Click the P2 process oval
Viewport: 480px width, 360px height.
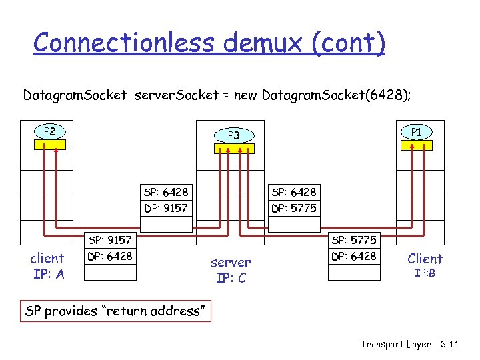pyautogui.click(x=50, y=131)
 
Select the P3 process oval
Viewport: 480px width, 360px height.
pyautogui.click(x=233, y=135)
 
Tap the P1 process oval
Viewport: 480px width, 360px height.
pyautogui.click(x=416, y=132)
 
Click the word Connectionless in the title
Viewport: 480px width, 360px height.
pyautogui.click(x=125, y=43)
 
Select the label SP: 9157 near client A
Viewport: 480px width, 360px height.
pyautogui.click(x=110, y=240)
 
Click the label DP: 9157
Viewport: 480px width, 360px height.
pyautogui.click(x=166, y=209)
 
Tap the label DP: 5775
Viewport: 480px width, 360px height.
pyautogui.click(x=294, y=209)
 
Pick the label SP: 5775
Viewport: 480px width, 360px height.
pyautogui.click(x=354, y=240)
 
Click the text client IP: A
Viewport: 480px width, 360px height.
pyautogui.click(x=47, y=266)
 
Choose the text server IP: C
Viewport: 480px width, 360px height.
pyautogui.click(x=231, y=270)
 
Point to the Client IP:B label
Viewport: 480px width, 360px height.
pyautogui.click(x=425, y=265)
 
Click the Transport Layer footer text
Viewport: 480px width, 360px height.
pyautogui.click(x=395, y=344)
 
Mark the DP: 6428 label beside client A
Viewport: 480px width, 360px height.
pyautogui.click(x=110, y=257)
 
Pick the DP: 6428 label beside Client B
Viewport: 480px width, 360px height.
pyautogui.click(x=354, y=257)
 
